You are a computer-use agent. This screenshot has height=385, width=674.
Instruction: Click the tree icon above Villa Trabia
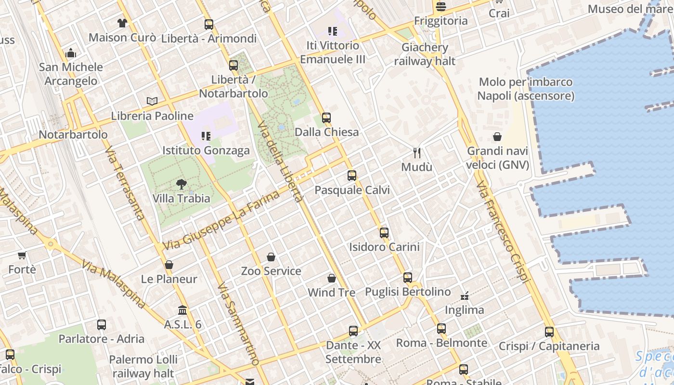click(x=181, y=183)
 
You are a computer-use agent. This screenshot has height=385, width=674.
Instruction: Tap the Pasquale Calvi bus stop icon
click(x=352, y=176)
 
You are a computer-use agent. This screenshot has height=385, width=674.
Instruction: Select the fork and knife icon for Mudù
click(x=417, y=153)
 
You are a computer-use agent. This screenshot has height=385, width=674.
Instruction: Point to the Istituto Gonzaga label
click(x=206, y=151)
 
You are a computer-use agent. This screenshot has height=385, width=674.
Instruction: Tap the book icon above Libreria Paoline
click(x=152, y=101)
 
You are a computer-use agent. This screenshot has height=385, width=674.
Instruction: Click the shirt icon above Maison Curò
click(x=122, y=23)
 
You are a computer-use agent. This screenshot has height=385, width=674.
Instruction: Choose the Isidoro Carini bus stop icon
click(x=384, y=233)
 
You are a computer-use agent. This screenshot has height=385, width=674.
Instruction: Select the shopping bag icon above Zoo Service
click(x=271, y=257)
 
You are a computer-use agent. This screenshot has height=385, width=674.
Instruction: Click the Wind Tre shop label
click(x=331, y=292)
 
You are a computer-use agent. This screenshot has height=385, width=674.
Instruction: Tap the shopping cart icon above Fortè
click(x=22, y=255)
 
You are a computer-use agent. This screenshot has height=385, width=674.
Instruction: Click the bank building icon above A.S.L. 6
click(x=182, y=310)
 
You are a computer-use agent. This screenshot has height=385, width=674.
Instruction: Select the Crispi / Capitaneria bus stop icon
click(x=549, y=332)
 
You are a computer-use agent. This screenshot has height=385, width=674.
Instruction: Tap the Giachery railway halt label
click(x=425, y=54)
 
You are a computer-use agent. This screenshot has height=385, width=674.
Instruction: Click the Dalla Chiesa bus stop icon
click(x=326, y=117)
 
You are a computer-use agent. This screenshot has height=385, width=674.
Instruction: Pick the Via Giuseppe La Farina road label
click(x=221, y=220)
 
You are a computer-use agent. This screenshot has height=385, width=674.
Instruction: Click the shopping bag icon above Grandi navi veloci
click(x=497, y=137)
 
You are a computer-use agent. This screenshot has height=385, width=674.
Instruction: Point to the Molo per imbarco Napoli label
click(x=526, y=89)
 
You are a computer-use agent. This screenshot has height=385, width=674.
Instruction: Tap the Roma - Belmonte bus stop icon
click(x=441, y=329)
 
